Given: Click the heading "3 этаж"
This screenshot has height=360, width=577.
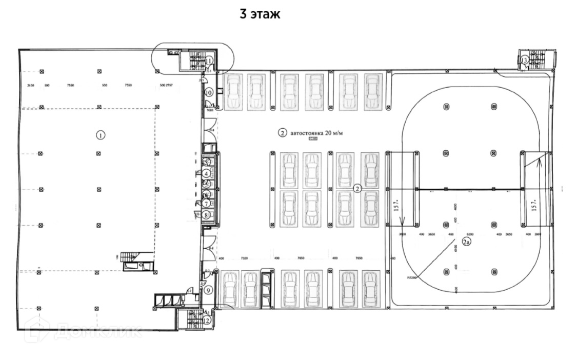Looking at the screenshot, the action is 260,14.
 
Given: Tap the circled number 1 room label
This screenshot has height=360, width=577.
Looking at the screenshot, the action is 101,135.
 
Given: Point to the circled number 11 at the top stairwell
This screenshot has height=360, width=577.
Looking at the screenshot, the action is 209,61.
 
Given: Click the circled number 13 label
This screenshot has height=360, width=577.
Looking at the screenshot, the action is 524,61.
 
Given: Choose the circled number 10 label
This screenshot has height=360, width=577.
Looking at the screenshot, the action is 209,93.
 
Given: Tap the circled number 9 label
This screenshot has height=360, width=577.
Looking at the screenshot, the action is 208,290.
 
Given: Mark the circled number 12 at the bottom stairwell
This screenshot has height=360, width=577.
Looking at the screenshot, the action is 207,321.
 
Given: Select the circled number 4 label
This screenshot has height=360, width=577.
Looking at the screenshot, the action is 206,173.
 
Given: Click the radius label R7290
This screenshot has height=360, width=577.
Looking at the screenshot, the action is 412,277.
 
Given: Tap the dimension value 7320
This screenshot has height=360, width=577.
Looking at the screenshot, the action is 244,258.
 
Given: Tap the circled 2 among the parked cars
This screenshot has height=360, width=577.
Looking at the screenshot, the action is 357,188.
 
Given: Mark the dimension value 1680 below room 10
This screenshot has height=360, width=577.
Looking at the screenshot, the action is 210,110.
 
